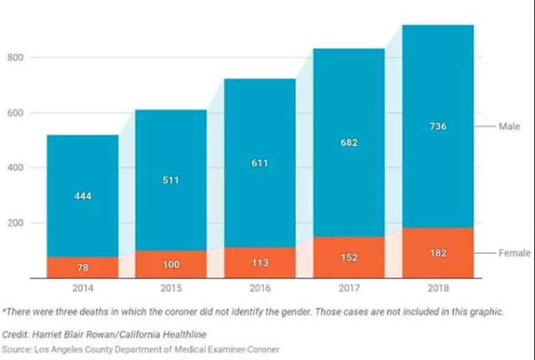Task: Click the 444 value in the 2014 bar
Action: pos(83,196)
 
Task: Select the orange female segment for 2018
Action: pos(438,253)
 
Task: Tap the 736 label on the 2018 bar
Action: pos(438,127)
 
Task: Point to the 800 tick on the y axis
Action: pos(15,57)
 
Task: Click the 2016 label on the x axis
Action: pos(260,288)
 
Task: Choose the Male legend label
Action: pos(509,127)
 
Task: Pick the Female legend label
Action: pos(514,253)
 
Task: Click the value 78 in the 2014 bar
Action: pos(83,267)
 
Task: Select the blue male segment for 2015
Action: pos(171,180)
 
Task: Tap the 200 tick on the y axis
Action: pos(15,223)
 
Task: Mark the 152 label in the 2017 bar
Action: pos(349,258)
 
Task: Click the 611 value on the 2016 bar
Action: pos(260,163)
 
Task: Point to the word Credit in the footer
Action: pos(15,334)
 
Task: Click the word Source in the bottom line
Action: pos(17,349)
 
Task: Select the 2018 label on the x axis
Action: pos(438,288)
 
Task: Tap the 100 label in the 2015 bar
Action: pos(171,264)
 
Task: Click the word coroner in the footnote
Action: pos(181,312)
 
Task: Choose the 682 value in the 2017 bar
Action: pos(349,143)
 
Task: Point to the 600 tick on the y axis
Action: pos(15,113)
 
